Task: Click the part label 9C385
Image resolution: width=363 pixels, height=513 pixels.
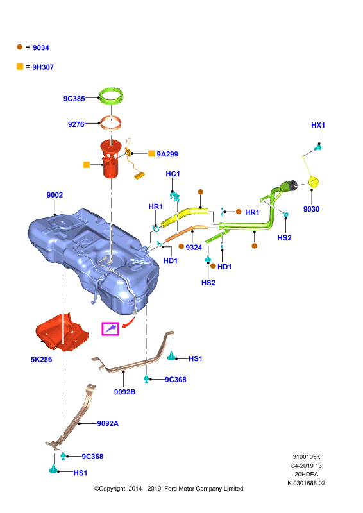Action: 74,99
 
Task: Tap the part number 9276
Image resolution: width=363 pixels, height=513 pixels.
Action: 76,124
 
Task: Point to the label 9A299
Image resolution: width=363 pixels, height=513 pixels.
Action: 167,154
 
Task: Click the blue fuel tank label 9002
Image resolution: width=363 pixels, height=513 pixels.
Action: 55,195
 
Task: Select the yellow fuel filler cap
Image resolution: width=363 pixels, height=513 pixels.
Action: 314,182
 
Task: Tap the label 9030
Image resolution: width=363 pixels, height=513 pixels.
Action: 311,209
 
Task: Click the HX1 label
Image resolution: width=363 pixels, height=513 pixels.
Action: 318,125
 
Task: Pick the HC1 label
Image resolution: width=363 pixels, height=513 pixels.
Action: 173,174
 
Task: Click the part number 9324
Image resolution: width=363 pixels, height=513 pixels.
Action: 194,248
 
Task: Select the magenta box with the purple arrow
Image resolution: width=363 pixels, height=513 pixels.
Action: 110,329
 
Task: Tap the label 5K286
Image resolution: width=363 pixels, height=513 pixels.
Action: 42,360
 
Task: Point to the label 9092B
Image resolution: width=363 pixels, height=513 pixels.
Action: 124,392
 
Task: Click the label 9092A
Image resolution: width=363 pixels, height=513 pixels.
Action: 108,423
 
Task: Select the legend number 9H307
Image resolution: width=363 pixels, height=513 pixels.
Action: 43,67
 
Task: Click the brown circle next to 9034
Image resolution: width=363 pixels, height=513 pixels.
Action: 20,47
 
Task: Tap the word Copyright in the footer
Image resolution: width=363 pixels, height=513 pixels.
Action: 110,489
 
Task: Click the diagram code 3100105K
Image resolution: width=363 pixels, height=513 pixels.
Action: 307,457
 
